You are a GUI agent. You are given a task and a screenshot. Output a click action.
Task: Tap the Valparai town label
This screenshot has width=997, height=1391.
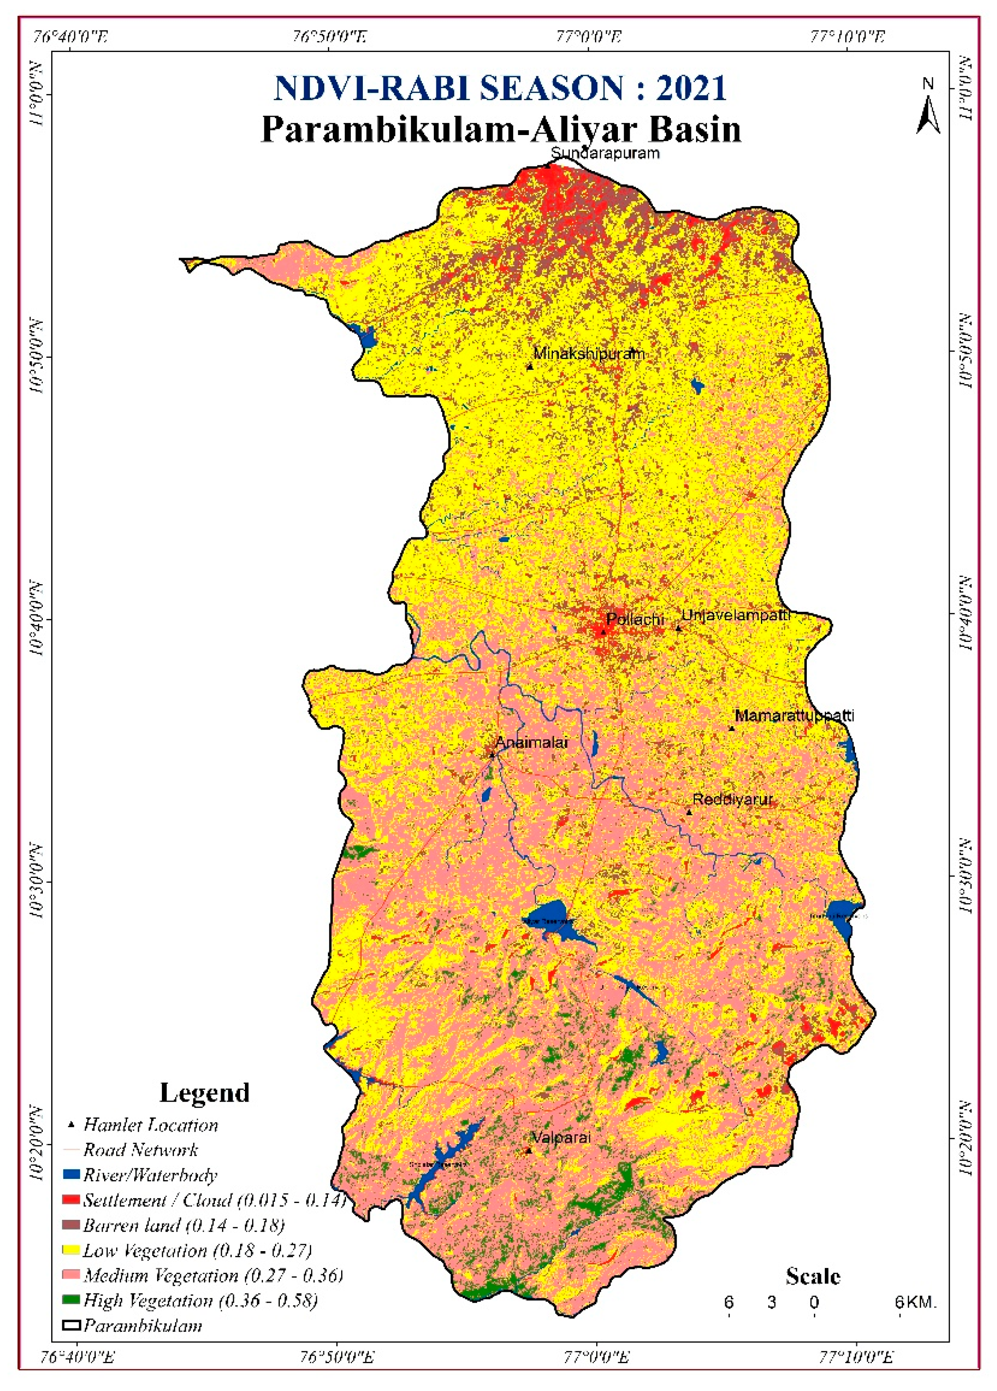(x=561, y=1138)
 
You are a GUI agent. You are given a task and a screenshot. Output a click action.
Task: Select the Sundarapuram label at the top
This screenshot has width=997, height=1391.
(x=605, y=154)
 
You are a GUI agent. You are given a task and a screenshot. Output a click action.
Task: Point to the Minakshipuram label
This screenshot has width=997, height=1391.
(x=589, y=354)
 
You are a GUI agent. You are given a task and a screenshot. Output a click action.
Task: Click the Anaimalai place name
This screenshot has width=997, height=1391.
(x=531, y=743)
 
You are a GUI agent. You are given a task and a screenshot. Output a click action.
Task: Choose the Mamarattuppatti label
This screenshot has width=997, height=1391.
(x=794, y=716)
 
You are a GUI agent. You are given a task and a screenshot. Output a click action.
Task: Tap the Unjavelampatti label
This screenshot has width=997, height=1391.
(x=736, y=615)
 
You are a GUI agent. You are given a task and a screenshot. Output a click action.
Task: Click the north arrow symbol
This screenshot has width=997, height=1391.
(x=928, y=107)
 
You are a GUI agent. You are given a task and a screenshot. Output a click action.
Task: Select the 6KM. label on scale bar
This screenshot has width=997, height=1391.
(x=915, y=1301)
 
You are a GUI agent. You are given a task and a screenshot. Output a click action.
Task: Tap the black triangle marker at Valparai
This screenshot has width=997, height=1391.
(x=529, y=1151)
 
